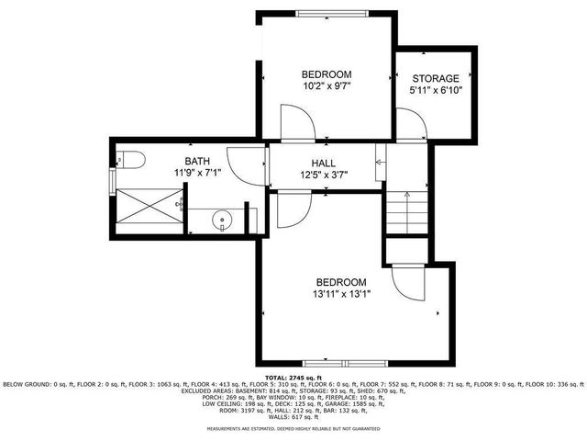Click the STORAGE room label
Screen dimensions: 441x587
click(436, 79)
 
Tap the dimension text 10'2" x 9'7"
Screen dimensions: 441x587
click(327, 85)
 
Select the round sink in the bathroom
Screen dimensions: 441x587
click(222, 220)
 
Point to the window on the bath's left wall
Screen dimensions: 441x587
click(112, 181)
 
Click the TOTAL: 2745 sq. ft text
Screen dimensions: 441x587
click(293, 378)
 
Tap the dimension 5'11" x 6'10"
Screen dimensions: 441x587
click(436, 91)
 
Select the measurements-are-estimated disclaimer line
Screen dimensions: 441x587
click(293, 428)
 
